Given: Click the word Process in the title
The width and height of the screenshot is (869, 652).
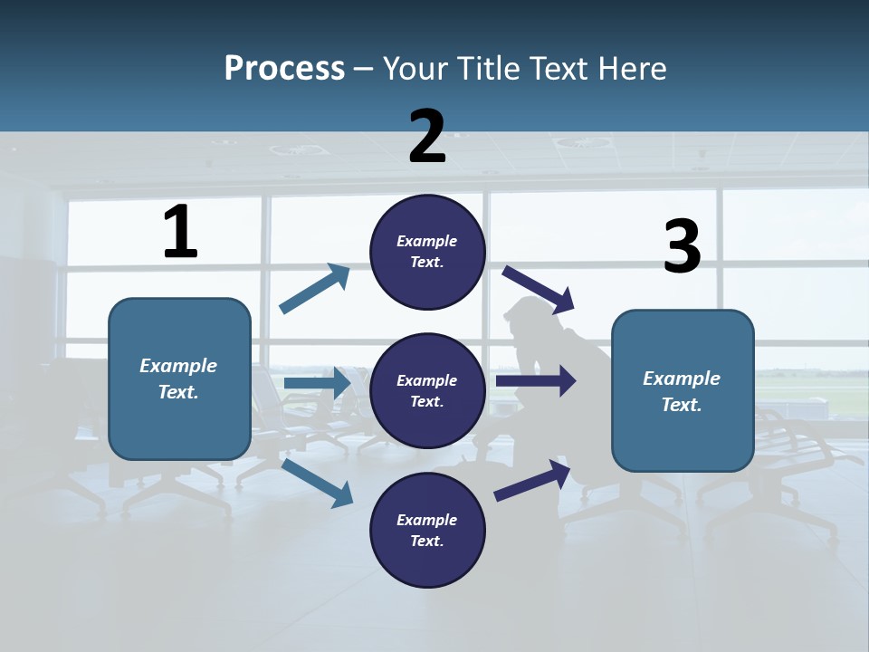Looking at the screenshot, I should click(284, 68).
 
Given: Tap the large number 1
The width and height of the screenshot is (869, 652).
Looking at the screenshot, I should click(180, 233).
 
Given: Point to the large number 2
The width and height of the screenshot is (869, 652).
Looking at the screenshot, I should click(427, 137).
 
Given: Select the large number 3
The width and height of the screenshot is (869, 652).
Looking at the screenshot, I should click(682, 247).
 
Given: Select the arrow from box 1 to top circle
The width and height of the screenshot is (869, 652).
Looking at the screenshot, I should click(315, 289).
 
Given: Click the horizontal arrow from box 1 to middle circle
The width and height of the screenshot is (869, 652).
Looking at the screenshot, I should click(317, 384).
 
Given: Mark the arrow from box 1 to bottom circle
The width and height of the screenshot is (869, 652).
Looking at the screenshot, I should click(318, 483).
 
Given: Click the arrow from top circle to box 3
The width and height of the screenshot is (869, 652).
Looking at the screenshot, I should click(539, 288).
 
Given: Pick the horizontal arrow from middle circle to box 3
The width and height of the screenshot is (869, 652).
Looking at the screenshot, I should click(536, 381).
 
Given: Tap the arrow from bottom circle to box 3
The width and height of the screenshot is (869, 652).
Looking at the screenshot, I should click(532, 480).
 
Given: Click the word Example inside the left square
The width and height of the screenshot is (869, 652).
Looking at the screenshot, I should click(178, 366).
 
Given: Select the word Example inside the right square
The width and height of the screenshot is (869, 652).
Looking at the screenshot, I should click(682, 379).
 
